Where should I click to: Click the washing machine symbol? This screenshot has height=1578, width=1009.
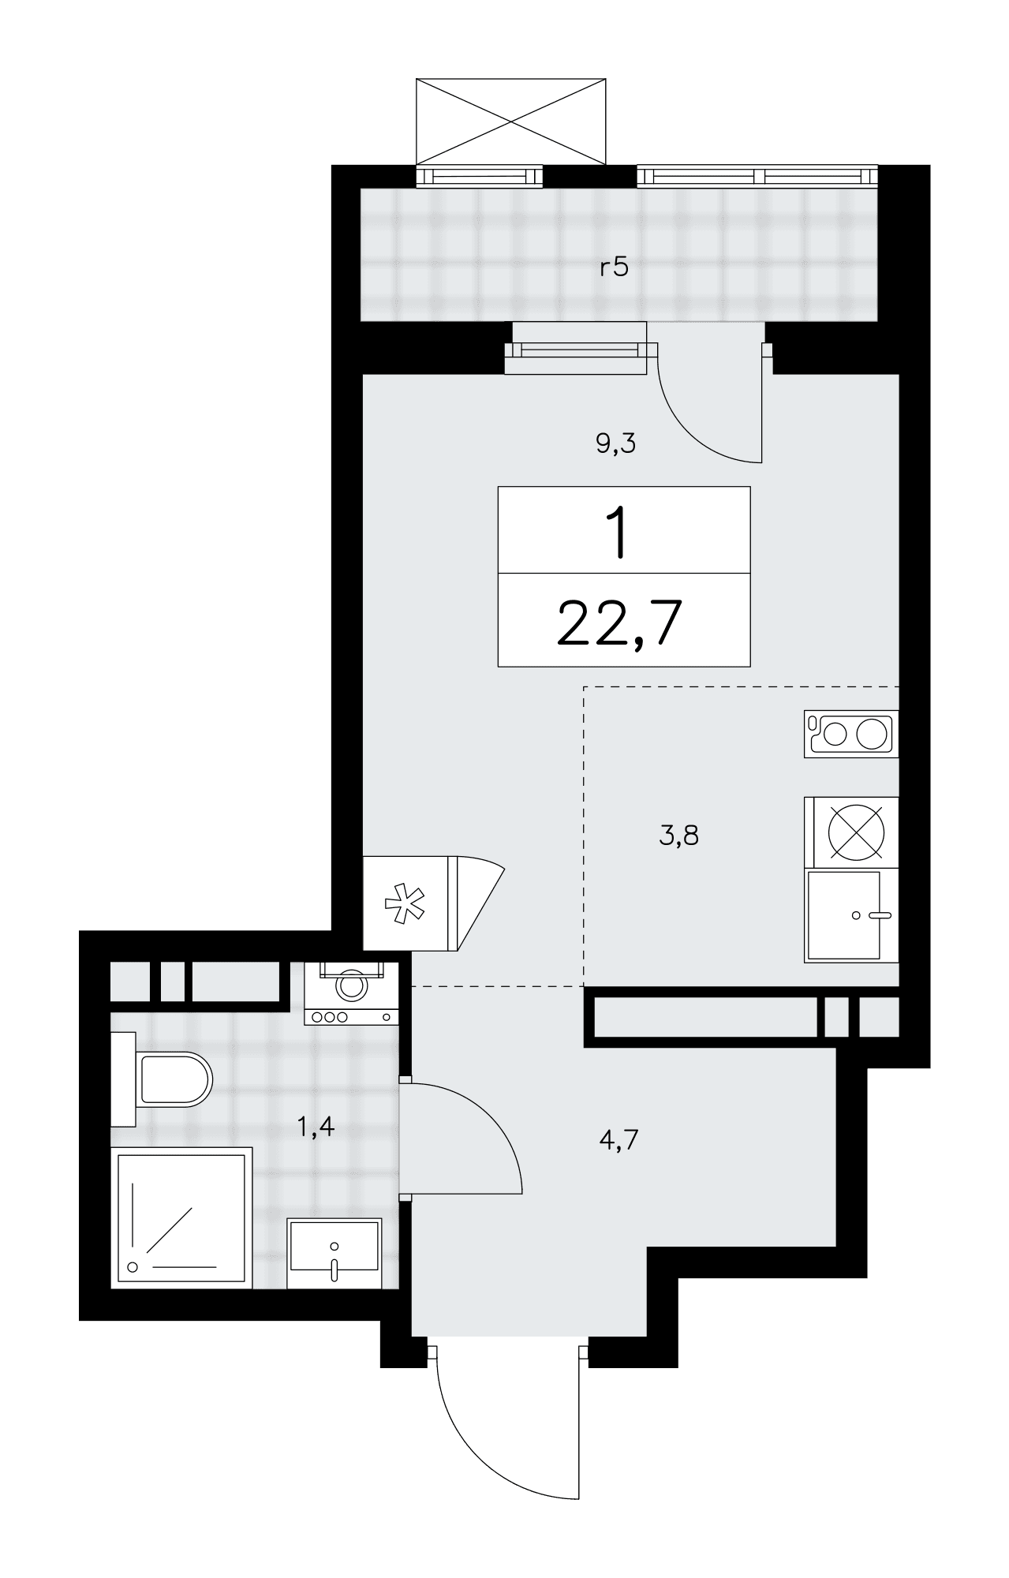[x=351, y=993]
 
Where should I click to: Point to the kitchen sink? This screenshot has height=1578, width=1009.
[x=851, y=916]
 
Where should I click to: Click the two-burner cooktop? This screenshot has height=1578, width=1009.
[x=851, y=735]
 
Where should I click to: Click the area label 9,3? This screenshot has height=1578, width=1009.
[x=615, y=444]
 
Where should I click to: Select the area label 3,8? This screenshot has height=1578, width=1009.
[x=678, y=835]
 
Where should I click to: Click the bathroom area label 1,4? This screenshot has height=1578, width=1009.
[x=316, y=1127]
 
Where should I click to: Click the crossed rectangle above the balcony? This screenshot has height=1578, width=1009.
[x=511, y=121]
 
